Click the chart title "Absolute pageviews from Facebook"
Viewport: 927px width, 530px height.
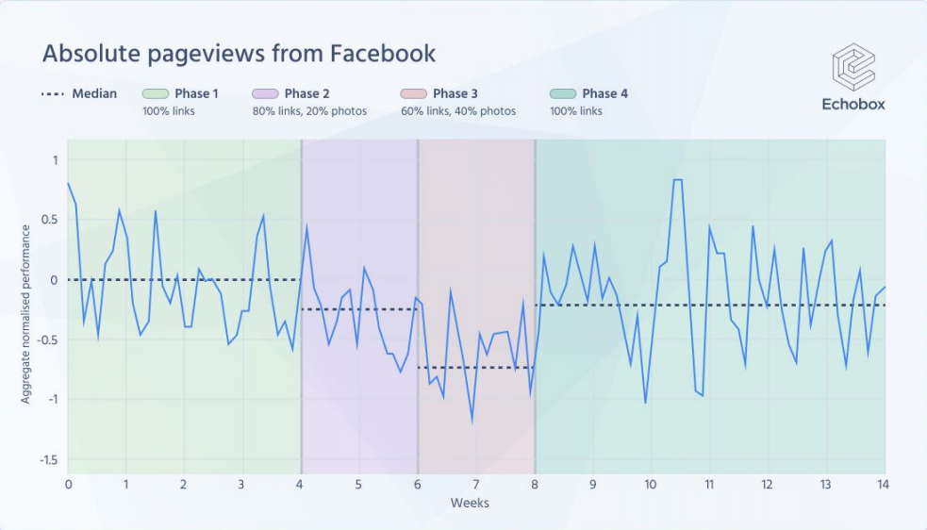point(239,54)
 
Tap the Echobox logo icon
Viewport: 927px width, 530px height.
point(853,67)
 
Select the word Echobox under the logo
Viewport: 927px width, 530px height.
point(853,105)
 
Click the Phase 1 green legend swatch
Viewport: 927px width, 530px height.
point(156,93)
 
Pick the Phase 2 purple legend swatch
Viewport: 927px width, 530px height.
point(265,93)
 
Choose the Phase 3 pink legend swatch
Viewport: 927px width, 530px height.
point(413,93)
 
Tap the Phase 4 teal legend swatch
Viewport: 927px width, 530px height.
point(563,93)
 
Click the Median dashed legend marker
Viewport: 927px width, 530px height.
point(54,93)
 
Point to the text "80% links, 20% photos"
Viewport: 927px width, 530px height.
point(309,111)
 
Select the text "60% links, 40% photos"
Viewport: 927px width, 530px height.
point(458,111)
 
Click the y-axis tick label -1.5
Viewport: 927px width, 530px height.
point(47,460)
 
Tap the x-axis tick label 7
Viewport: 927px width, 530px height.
point(475,485)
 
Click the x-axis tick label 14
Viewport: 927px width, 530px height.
point(883,485)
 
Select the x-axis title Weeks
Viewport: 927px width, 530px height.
point(470,504)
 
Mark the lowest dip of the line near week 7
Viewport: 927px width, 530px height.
point(472,421)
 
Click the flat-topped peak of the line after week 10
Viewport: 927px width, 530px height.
point(677,180)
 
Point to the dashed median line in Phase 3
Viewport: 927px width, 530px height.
point(475,368)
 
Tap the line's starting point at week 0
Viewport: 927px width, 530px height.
point(69,184)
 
